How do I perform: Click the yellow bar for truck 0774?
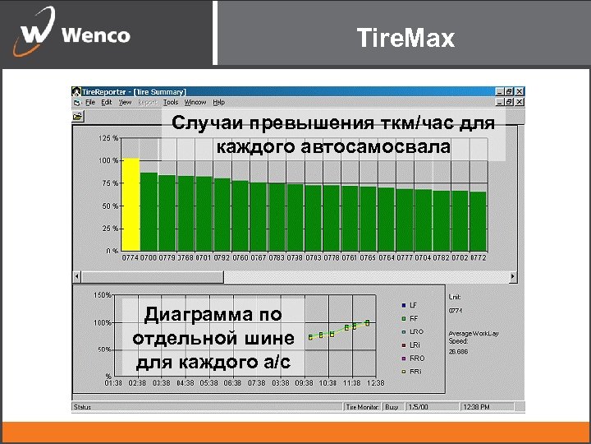coord(131,204)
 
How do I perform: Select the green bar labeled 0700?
coord(149,211)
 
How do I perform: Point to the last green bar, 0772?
coord(478,220)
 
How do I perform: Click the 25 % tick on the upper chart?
coord(108,228)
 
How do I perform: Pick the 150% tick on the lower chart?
coord(103,294)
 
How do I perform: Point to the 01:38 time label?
coord(114,383)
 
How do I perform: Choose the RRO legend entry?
coord(416,358)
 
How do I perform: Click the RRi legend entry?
coord(415,372)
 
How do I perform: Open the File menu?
coord(90,103)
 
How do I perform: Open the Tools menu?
coord(171,103)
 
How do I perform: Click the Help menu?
coord(219,103)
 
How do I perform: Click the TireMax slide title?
coord(405,37)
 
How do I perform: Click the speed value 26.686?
coord(458,351)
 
